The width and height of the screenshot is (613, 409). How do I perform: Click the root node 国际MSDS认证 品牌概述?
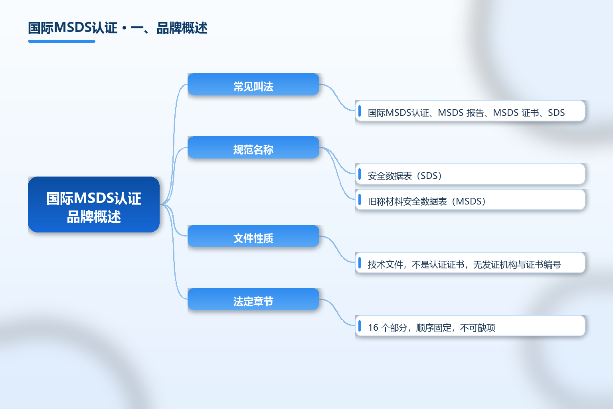pos(94,204)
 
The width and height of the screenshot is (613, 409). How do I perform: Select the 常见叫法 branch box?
pos(253,84)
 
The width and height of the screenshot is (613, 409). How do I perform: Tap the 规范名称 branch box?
pos(253,147)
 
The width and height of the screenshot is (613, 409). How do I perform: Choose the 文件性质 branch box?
pos(253,236)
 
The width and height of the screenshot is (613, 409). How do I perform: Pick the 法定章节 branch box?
pos(253,299)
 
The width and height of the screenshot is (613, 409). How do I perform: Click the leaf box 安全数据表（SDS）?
pos(470,174)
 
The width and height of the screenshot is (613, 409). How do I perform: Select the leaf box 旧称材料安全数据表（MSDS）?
pos(470,200)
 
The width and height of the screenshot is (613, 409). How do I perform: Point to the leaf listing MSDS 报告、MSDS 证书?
pos(470,111)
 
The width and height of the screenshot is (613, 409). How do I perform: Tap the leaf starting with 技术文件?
pos(470,263)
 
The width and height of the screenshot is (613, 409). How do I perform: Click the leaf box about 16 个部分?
pos(470,326)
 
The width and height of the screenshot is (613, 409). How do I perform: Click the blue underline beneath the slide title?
pos(61,42)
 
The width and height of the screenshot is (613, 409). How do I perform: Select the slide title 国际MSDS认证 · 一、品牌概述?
pos(118,28)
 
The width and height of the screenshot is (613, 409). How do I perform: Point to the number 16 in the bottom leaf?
pos(373,328)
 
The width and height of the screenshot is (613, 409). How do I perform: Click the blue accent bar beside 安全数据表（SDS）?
pos(360,174)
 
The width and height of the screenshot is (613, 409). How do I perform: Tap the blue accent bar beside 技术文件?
pos(360,263)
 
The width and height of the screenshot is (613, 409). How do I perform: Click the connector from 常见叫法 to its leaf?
pos(337,97)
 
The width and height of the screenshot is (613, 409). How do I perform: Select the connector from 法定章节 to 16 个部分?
pos(337,312)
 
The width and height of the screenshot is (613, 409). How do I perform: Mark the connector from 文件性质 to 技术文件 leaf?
pos(337,249)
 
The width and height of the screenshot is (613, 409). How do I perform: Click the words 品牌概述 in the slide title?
pos(182,28)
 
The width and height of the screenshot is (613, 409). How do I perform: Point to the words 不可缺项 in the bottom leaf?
pos(478,328)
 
